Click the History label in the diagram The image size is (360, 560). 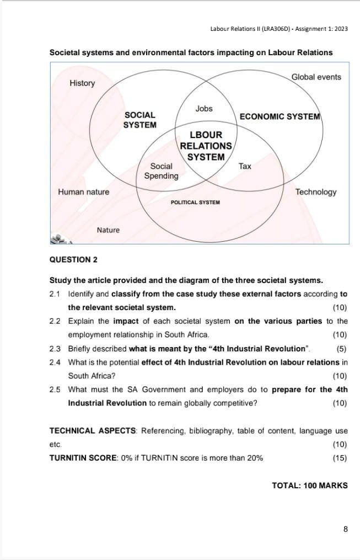pyautogui.click(x=82, y=83)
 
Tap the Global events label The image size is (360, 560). pyautogui.click(x=316, y=77)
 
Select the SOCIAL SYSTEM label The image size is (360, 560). pyautogui.click(x=139, y=120)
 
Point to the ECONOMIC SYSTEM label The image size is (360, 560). pyautogui.click(x=280, y=116)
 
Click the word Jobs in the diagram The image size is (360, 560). pyautogui.click(x=203, y=109)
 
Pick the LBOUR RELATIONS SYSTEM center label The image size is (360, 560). pyautogui.click(x=206, y=146)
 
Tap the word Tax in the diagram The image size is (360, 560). pyautogui.click(x=245, y=166)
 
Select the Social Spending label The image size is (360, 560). pyautogui.click(x=161, y=171)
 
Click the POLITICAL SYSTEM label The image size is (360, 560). pyautogui.click(x=195, y=202)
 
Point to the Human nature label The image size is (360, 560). pyautogui.click(x=83, y=192)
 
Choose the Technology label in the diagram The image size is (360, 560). pyautogui.click(x=315, y=192)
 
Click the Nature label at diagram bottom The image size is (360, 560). pyautogui.click(x=108, y=230)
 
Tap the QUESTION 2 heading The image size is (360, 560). pyautogui.click(x=73, y=259)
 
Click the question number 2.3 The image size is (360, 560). pyautogui.click(x=55, y=349)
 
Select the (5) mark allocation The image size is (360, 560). pyautogui.click(x=341, y=349)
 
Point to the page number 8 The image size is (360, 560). pyautogui.click(x=345, y=529)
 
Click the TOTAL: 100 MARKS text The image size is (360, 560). pyautogui.click(x=309, y=486)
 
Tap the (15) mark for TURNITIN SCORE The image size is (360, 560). pyautogui.click(x=340, y=458)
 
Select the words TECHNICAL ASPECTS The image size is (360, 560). pyautogui.click(x=92, y=431)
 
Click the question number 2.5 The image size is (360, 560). pyautogui.click(x=55, y=390)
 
